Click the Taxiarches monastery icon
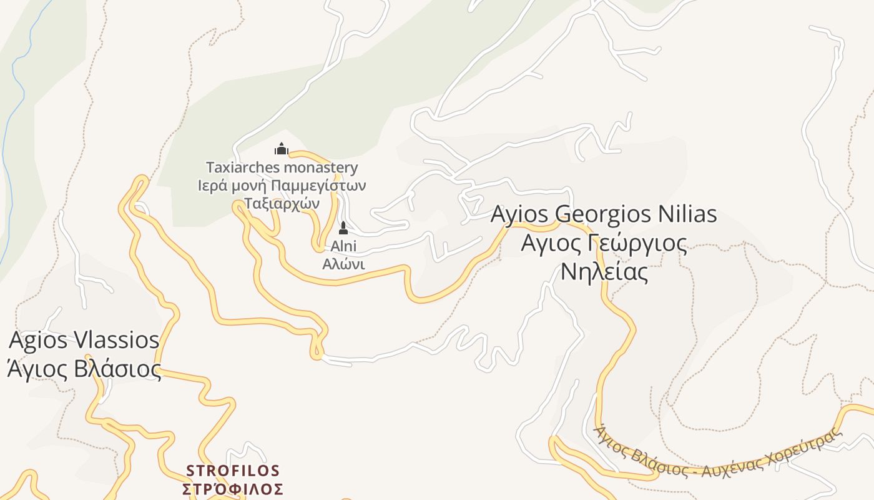pyautogui.click(x=282, y=149)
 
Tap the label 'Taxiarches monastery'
pyautogui.click(x=282, y=167)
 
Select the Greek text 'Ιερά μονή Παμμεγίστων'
pyautogui.click(x=282, y=186)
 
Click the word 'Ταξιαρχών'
pyautogui.click(x=282, y=203)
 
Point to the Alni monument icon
pyautogui.click(x=343, y=228)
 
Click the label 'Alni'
pyautogui.click(x=343, y=246)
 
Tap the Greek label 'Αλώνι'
pyautogui.click(x=343, y=264)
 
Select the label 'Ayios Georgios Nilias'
pyautogui.click(x=603, y=214)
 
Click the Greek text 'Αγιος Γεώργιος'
pyautogui.click(x=604, y=243)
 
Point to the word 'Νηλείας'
pyautogui.click(x=604, y=272)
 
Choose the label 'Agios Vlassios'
pyautogui.click(x=84, y=341)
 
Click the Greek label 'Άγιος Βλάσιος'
pyautogui.click(x=84, y=369)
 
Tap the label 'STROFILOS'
pyautogui.click(x=233, y=470)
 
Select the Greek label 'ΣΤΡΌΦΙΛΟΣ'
pyautogui.click(x=233, y=489)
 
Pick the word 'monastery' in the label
pyautogui.click(x=321, y=167)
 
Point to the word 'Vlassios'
pyautogui.click(x=116, y=341)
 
